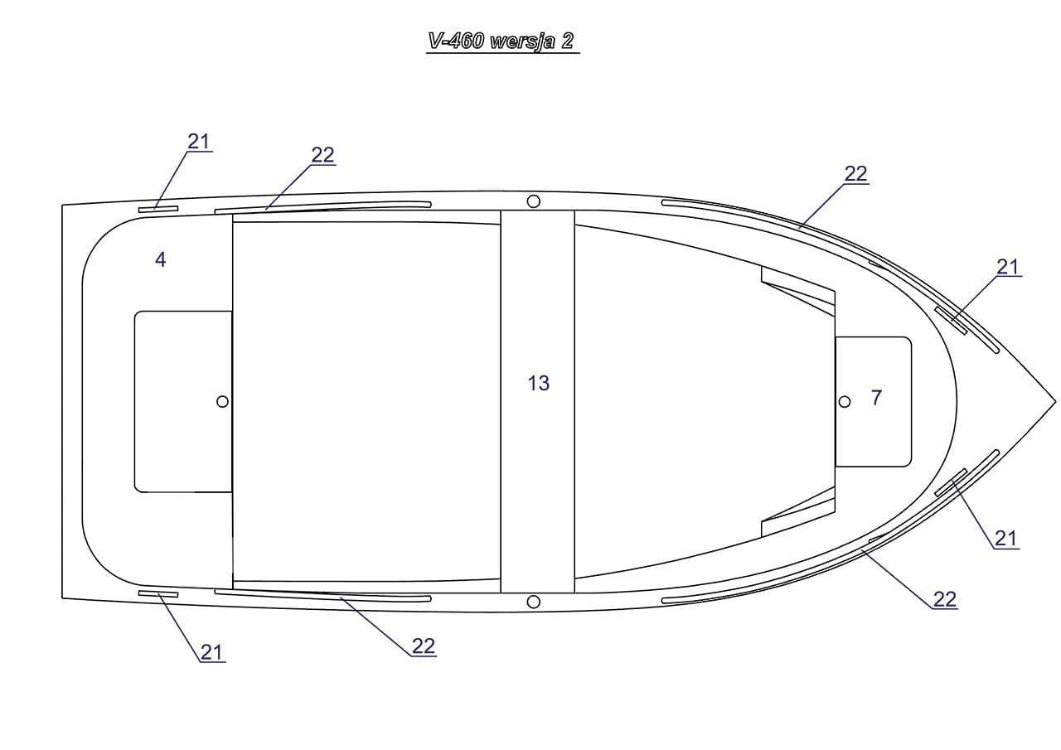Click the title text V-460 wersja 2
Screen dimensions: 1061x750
point(501,41)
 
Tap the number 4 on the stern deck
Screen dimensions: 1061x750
point(161,259)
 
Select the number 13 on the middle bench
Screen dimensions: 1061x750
point(539,383)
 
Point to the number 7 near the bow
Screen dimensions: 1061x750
point(877,398)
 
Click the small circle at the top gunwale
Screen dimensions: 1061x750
point(533,201)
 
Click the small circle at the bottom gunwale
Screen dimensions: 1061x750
point(533,602)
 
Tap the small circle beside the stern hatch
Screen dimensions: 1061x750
point(222,401)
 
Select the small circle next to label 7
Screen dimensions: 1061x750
point(844,401)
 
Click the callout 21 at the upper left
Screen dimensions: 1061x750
point(198,142)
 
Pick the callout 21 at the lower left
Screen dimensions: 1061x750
point(211,652)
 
